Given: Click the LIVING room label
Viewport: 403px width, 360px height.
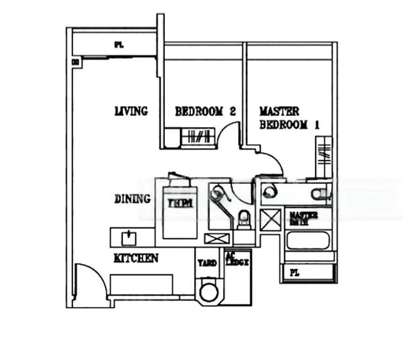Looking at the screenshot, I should [131, 111].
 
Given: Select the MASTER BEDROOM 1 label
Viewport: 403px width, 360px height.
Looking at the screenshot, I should [288, 118].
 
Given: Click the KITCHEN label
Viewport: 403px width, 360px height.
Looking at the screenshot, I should [136, 258].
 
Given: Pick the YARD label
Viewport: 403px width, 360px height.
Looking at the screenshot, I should [207, 262].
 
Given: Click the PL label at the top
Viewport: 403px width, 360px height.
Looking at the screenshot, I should [119, 44].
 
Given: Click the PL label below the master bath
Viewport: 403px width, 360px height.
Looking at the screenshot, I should [294, 272].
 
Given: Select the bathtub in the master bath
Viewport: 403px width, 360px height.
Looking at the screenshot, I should [308, 241].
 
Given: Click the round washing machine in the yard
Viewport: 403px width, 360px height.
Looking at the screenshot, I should [209, 292].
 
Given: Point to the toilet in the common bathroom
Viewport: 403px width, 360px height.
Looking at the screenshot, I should [243, 219].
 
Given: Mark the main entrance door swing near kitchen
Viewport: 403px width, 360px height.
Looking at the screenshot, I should [91, 280].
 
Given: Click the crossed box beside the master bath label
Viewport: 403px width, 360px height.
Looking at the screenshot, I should [269, 220].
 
